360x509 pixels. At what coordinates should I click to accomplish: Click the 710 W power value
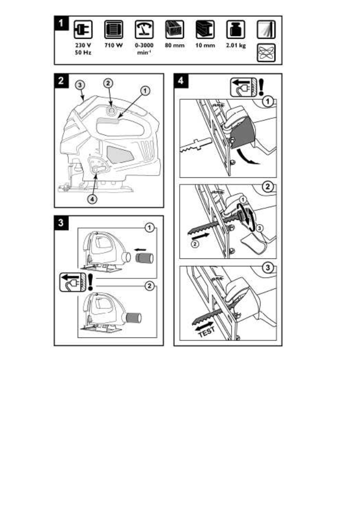(x=114, y=45)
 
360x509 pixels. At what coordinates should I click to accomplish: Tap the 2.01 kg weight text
(x=236, y=45)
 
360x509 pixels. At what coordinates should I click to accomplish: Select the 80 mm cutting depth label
(x=174, y=45)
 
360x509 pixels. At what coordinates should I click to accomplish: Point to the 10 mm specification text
(x=205, y=45)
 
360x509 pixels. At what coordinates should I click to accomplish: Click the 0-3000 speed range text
(x=144, y=45)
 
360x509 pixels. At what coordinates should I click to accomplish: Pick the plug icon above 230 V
(x=83, y=30)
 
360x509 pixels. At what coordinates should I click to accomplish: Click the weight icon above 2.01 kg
(x=236, y=30)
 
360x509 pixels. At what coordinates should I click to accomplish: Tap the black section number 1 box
(x=62, y=23)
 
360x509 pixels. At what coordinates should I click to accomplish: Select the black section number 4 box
(x=181, y=81)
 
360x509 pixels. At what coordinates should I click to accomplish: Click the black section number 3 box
(x=61, y=223)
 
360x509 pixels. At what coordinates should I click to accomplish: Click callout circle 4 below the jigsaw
(x=92, y=199)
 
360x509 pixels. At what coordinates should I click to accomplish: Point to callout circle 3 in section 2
(x=80, y=85)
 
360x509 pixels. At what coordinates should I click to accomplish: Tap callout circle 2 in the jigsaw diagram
(x=108, y=83)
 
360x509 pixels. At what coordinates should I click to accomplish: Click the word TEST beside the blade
(x=207, y=332)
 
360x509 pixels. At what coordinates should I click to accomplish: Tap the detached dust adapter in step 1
(x=144, y=258)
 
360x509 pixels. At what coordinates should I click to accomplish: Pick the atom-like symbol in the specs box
(x=266, y=53)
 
